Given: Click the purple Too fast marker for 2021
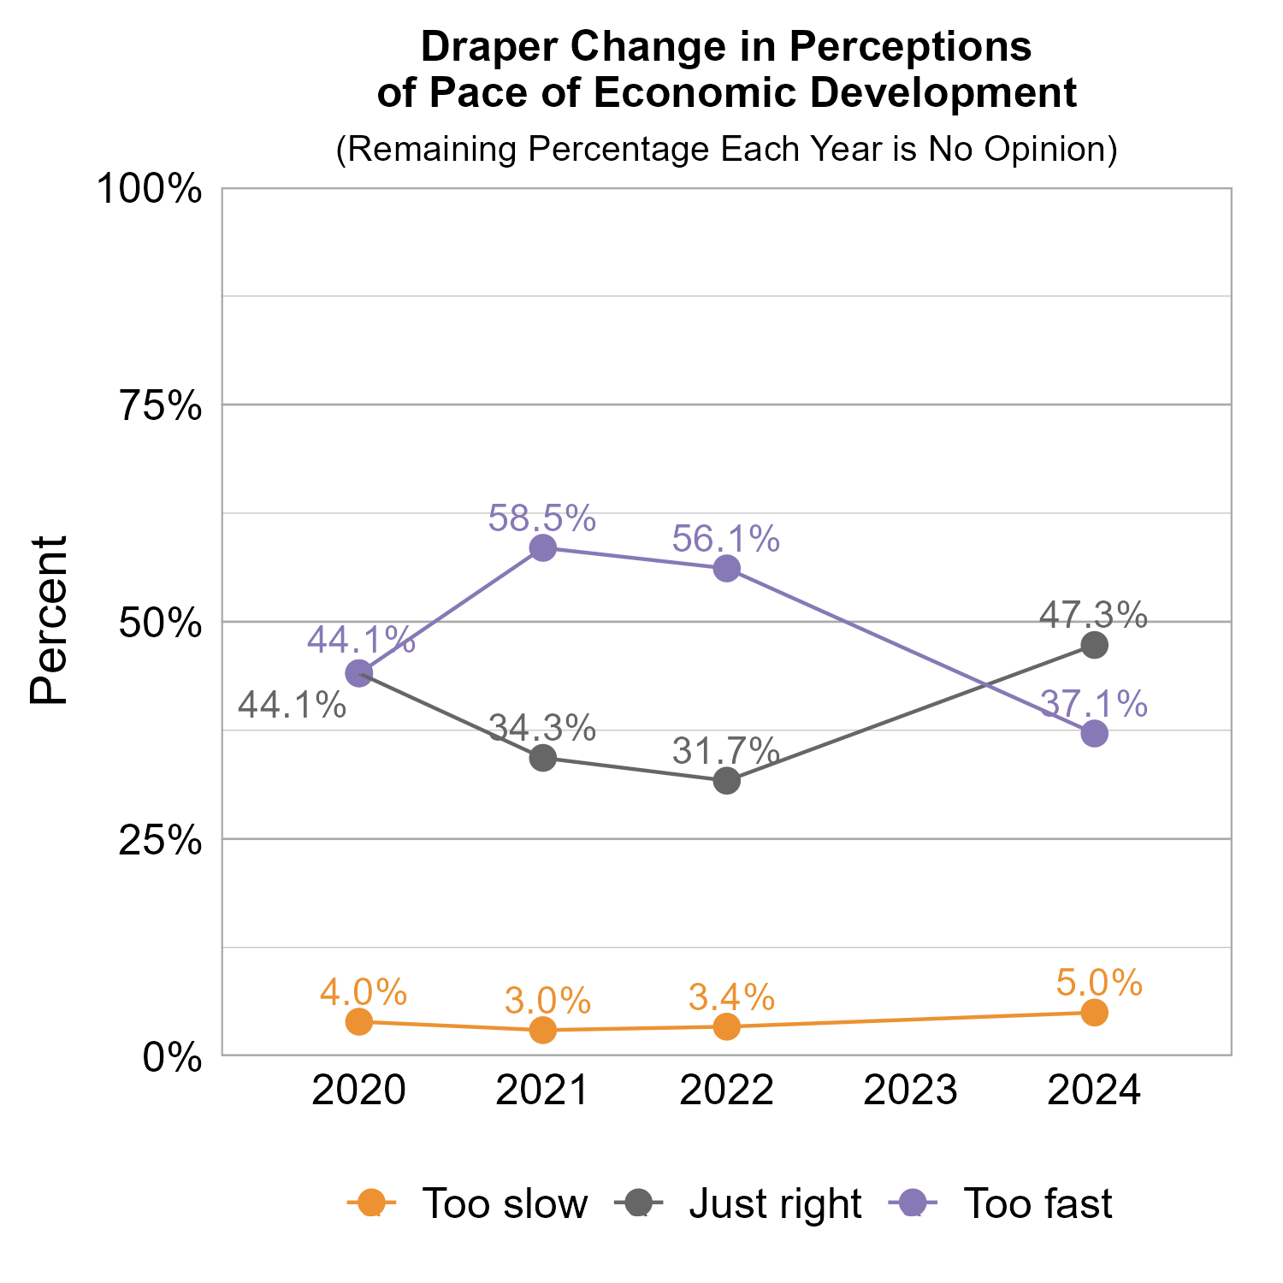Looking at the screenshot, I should click(543, 547).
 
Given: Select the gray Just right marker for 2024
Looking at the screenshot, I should click(1095, 645).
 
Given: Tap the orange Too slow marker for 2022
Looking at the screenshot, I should click(727, 1026).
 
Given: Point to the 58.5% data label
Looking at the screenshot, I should click(541, 518).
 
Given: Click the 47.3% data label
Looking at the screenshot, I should click(1093, 614).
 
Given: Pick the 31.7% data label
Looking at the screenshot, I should click(725, 751).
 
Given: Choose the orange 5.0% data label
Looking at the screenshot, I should click(1099, 984).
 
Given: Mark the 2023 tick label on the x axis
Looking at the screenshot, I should click(910, 1091).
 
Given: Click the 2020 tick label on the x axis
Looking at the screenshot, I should click(358, 1091).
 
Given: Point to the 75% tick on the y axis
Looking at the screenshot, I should click(161, 405).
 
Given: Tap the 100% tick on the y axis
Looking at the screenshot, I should click(150, 188).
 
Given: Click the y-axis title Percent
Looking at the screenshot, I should click(49, 621).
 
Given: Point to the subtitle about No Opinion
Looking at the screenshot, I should click(726, 149).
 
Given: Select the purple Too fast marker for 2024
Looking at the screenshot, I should click(1095, 734).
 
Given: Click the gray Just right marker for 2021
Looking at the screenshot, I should click(543, 758).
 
